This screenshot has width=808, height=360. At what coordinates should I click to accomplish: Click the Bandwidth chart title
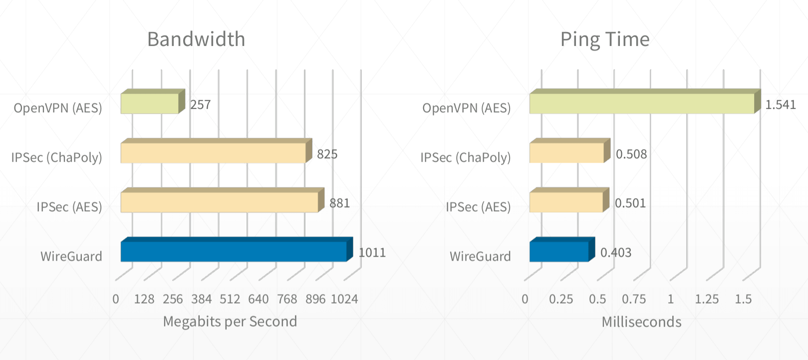click(x=196, y=39)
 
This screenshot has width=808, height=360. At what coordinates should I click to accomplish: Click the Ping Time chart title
click(x=605, y=39)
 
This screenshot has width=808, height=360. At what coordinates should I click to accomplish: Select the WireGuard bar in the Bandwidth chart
click(x=234, y=252)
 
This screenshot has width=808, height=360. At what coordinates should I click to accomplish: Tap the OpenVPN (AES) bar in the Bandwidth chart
click(x=150, y=103)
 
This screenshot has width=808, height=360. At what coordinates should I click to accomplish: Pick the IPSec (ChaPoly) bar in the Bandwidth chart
click(x=213, y=153)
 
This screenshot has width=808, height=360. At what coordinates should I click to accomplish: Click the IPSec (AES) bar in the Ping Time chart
click(x=566, y=202)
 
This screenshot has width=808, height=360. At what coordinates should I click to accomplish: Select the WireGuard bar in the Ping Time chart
click(x=559, y=252)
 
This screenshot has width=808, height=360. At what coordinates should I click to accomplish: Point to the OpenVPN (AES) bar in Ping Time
click(x=642, y=103)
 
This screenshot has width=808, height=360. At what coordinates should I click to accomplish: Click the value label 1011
click(x=372, y=253)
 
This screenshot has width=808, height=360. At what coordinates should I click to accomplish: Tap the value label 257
click(x=201, y=105)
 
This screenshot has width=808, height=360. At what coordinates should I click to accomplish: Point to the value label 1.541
click(x=781, y=105)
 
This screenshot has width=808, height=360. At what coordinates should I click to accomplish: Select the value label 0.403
click(x=616, y=253)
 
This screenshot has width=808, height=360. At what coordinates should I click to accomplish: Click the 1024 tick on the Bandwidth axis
click(x=344, y=299)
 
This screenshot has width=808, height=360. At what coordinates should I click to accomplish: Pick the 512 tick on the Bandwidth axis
click(x=230, y=299)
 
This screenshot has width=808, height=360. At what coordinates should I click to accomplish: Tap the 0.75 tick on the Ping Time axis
click(x=634, y=299)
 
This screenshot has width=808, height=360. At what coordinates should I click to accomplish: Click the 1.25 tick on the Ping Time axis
click(x=707, y=299)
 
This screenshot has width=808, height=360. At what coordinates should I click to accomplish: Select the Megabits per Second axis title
click(x=230, y=322)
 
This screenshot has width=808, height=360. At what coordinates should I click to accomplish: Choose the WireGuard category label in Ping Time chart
click(x=480, y=257)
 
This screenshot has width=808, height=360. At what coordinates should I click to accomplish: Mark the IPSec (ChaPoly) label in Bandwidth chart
click(x=56, y=158)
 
